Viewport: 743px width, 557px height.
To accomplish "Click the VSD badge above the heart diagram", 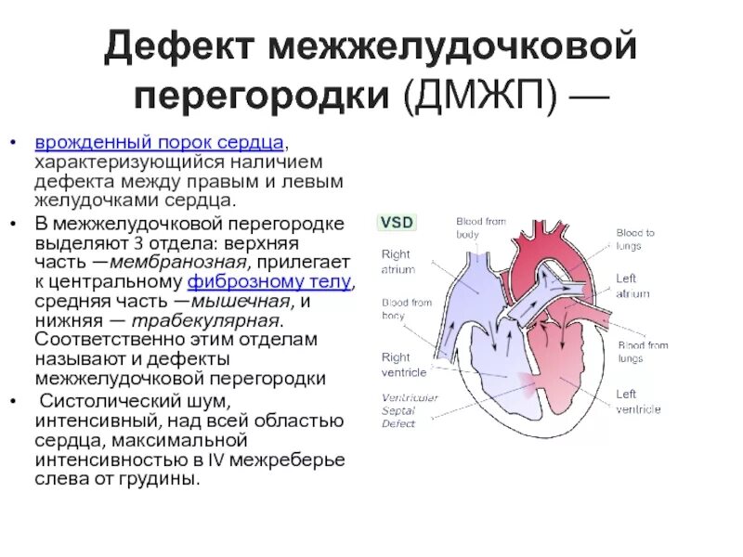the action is coord(397,223).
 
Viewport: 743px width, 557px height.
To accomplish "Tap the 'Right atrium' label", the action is coord(398,261).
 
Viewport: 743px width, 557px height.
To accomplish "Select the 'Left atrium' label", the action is coord(632,286).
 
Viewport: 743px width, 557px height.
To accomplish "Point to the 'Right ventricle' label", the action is coord(404,365).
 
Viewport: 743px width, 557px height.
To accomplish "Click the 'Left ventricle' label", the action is coord(638,401).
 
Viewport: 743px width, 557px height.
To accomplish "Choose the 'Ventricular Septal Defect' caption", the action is coord(410,410).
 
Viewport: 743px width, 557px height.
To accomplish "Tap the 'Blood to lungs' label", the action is coord(635,240).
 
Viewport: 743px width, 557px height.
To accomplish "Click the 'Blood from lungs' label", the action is coord(643,352).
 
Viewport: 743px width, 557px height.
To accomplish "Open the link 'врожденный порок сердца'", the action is coord(159,143).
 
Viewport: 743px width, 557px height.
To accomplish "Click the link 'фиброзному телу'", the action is coord(269,282).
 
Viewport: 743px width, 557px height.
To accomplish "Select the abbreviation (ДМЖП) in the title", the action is coord(473,96).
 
